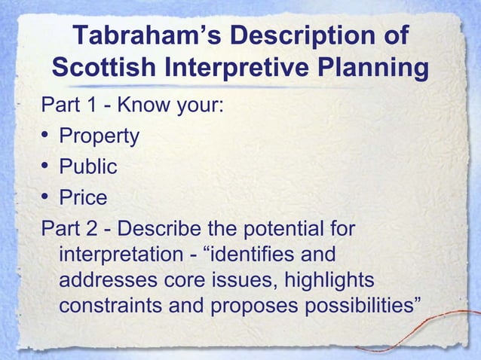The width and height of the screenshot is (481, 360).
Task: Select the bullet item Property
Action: coord(99,136)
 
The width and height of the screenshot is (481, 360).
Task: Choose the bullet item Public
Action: coord(88,166)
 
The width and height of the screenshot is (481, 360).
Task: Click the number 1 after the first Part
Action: coord(85,106)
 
